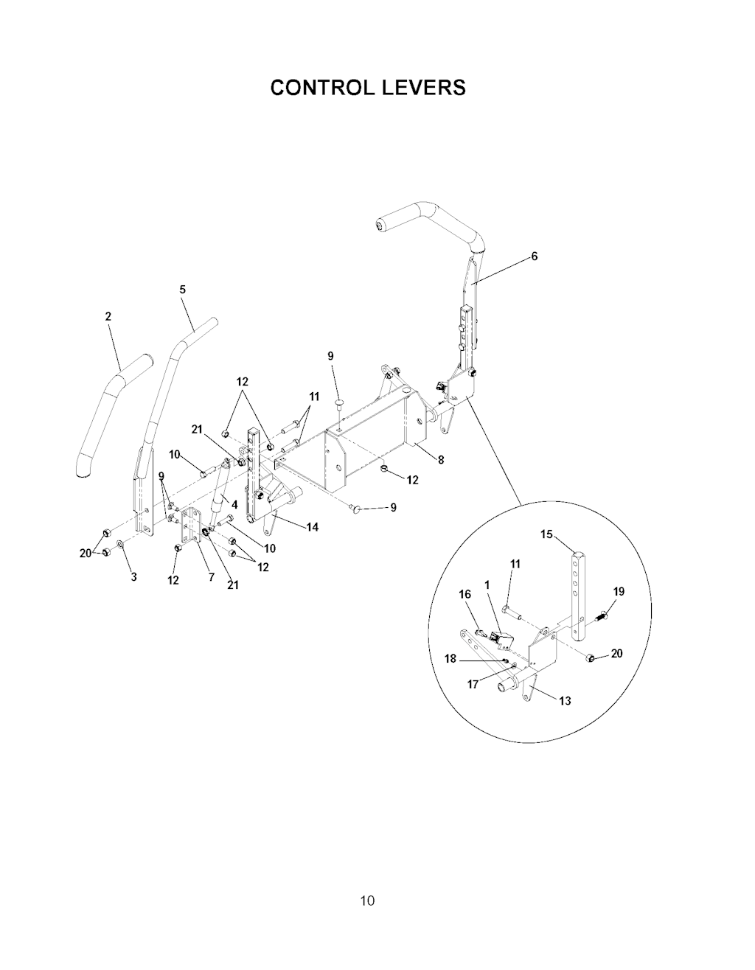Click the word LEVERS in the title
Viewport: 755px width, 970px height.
(423, 88)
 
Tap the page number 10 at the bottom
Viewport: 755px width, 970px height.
(367, 901)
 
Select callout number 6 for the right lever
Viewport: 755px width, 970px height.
(534, 257)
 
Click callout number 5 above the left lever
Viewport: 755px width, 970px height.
(183, 289)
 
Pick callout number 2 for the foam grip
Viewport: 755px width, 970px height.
(108, 316)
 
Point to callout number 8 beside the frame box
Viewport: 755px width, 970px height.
(441, 460)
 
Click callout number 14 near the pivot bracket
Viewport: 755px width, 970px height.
(313, 527)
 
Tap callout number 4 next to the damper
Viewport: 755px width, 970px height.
(234, 505)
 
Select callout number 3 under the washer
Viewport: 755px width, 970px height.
(133, 576)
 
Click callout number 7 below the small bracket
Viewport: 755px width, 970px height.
(211, 576)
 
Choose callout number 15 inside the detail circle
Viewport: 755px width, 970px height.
(546, 534)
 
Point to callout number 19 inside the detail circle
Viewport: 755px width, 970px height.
(619, 592)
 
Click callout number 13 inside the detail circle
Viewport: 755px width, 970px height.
(565, 701)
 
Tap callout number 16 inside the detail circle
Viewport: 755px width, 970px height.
(465, 594)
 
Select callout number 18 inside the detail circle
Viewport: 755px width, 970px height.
(450, 658)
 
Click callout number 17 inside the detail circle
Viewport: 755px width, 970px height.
(473, 684)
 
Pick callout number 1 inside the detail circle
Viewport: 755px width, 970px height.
(487, 585)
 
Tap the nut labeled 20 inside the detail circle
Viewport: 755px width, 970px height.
(591, 658)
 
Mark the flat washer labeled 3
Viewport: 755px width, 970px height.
(121, 544)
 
